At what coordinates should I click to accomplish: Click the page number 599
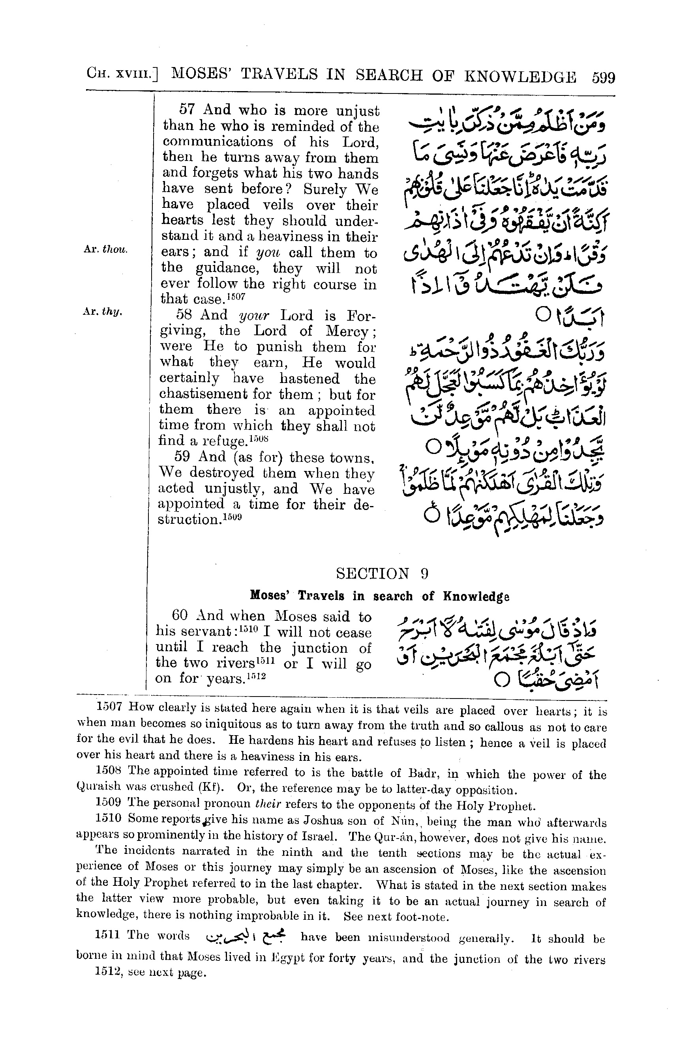pos(603,78)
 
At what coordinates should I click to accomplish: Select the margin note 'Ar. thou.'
pos(106,250)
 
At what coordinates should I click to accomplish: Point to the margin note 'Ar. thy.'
pos(102,312)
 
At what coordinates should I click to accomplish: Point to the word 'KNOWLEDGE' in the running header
pos(520,77)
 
